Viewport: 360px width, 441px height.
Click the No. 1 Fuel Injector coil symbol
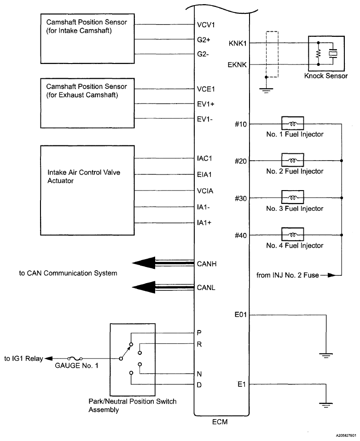[x=292, y=124]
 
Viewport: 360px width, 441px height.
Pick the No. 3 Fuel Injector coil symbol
[x=292, y=197]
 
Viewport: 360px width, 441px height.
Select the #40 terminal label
[x=241, y=235]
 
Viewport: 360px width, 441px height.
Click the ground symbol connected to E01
[x=326, y=355]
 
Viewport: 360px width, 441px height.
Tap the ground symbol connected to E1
[x=326, y=405]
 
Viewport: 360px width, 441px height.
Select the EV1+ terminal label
[x=205, y=104]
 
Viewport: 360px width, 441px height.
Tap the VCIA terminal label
[x=204, y=191]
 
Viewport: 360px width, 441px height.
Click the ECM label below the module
[x=220, y=421]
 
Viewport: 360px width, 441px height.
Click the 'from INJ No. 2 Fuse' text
[x=285, y=275]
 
